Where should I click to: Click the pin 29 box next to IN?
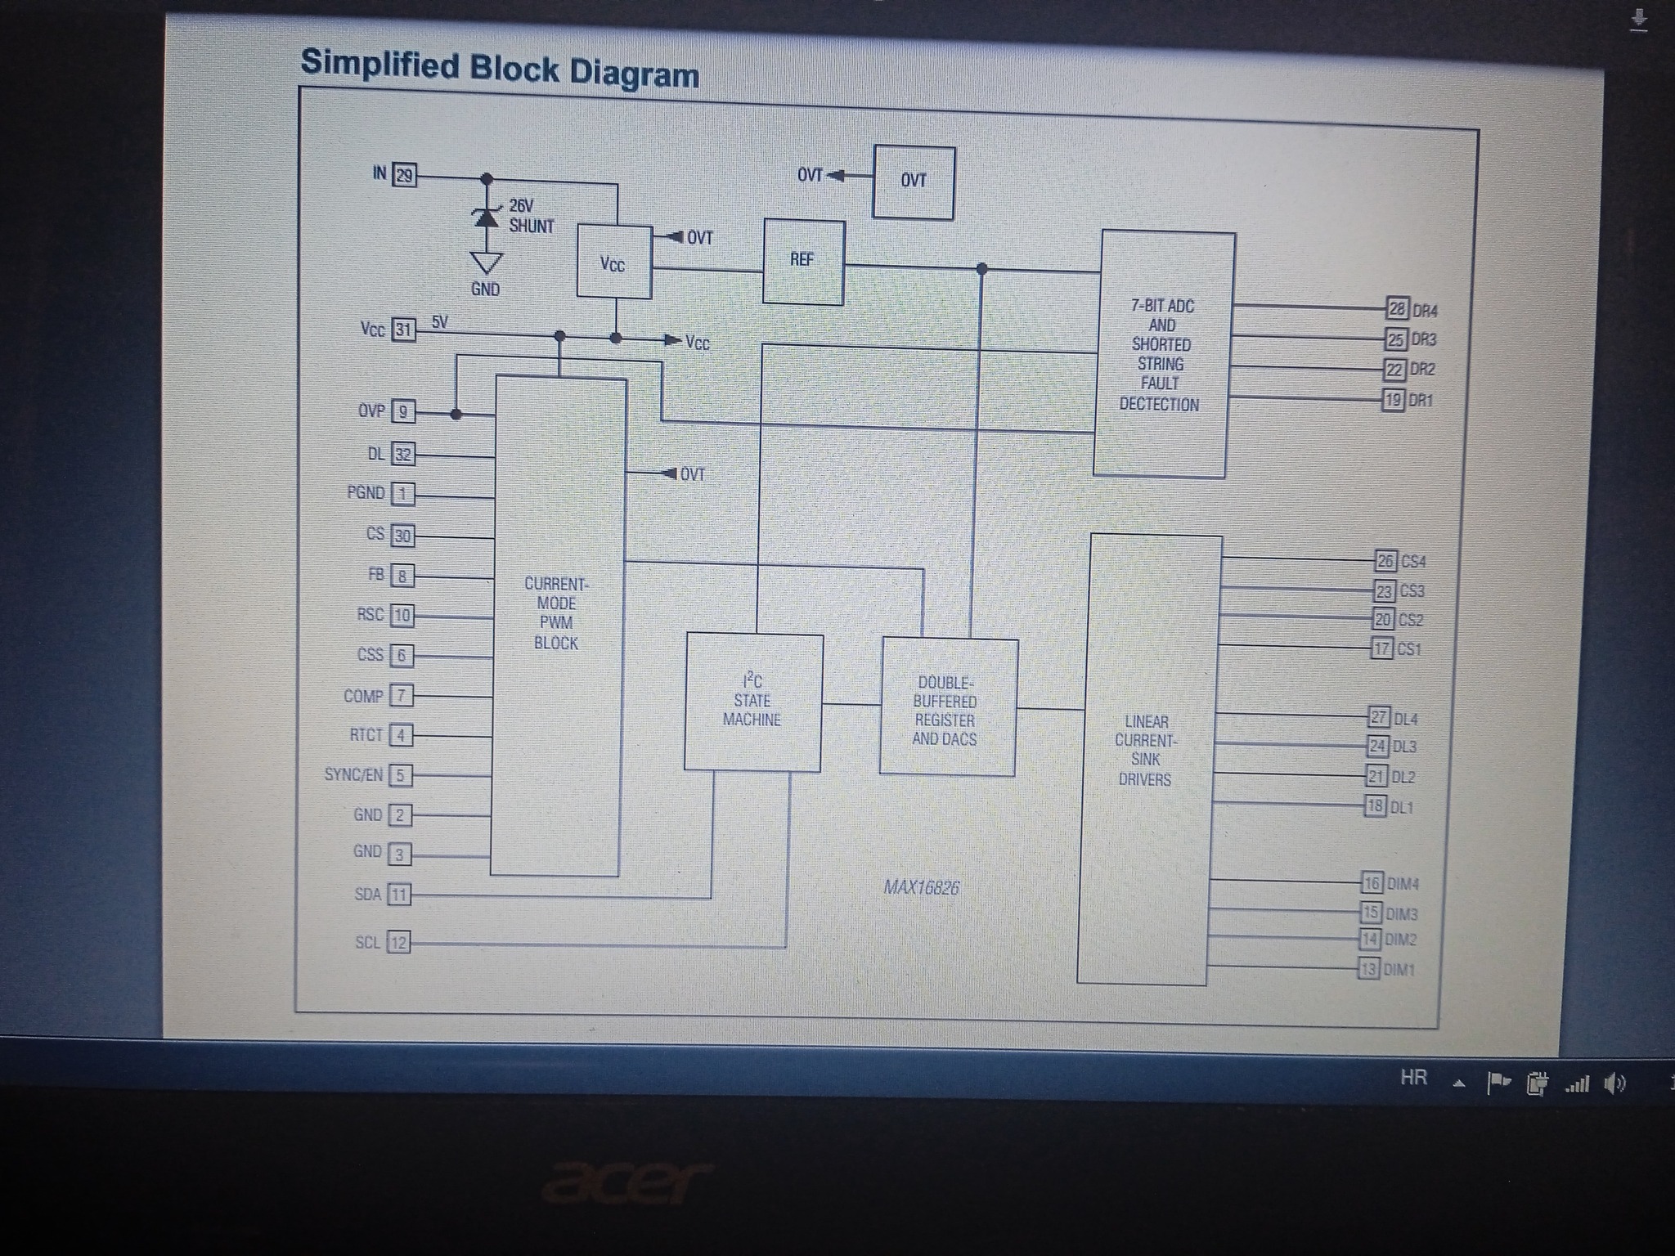pos(404,175)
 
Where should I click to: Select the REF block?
pos(803,262)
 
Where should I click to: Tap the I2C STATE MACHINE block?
pos(752,702)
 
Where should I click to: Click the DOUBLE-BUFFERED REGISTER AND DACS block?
pos(947,708)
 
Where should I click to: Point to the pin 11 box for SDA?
pos(398,895)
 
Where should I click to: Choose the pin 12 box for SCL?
pos(397,943)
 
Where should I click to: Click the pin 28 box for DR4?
pos(1397,308)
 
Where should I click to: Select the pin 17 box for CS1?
pos(1381,648)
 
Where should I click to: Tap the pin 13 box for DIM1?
pos(1368,970)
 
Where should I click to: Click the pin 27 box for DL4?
pos(1379,717)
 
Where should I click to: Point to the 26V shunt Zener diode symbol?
pos(487,218)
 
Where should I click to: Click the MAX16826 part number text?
pos(921,888)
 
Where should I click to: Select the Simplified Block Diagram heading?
pos(500,68)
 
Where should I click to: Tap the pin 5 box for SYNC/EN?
pos(400,775)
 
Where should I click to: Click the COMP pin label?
pos(363,696)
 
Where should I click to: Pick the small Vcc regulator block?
pos(613,262)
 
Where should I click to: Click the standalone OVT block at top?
pos(914,182)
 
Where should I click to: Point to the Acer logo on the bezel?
pos(627,1182)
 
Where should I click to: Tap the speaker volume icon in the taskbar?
pos(1614,1084)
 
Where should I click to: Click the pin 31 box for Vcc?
pos(403,330)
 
